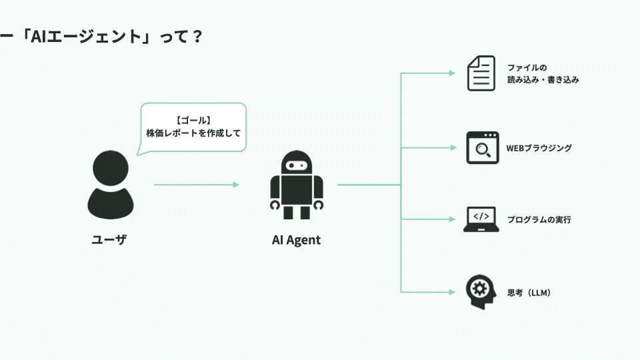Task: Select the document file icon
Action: point(481,73)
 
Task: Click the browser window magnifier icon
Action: point(483,148)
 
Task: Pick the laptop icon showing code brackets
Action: point(481,219)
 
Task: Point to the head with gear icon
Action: point(481,292)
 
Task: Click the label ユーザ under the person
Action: point(109,239)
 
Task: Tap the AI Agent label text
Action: point(296,240)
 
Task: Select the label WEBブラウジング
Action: point(539,148)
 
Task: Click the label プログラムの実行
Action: point(539,219)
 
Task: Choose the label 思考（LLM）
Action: point(529,293)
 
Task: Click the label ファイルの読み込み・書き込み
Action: point(543,74)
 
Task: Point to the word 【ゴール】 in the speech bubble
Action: point(193,121)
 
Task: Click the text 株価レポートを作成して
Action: point(193,133)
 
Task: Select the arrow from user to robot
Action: point(196,185)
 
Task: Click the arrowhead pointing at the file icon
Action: point(452,73)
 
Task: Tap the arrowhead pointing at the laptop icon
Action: point(452,219)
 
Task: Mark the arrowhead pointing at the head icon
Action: point(452,292)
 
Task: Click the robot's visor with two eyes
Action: point(297,165)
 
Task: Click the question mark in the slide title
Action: point(197,37)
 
